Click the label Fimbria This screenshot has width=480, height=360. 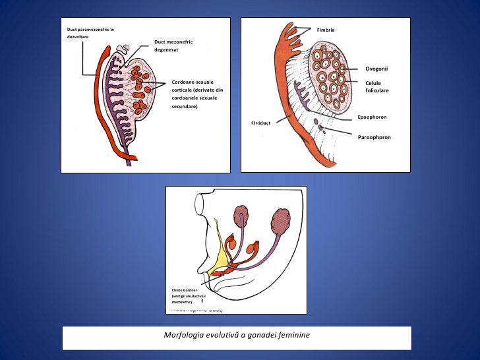326,30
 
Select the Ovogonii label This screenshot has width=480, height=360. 376,68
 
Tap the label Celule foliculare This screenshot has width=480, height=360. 377,86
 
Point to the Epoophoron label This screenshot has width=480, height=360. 372,117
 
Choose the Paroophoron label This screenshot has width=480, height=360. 374,137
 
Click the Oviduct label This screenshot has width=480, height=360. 261,123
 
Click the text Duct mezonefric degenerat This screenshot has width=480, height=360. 173,45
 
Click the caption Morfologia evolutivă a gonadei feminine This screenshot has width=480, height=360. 237,336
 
